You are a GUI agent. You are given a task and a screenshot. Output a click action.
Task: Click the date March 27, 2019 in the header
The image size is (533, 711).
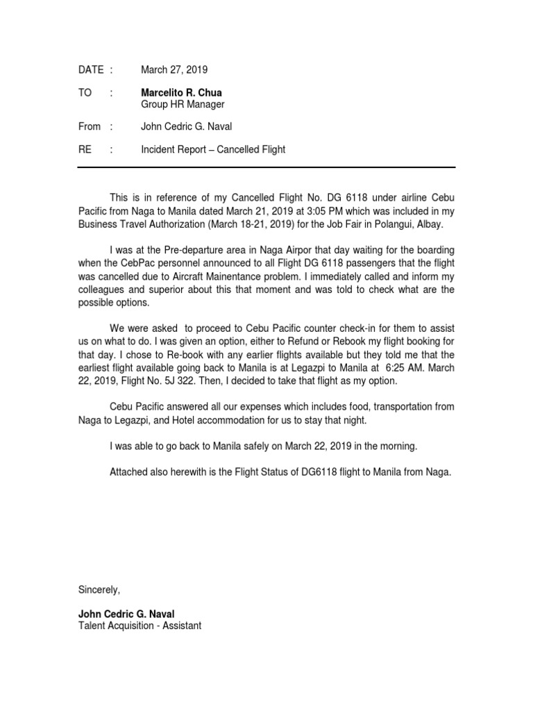click(174, 69)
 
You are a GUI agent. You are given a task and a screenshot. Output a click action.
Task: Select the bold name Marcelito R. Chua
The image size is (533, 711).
click(182, 92)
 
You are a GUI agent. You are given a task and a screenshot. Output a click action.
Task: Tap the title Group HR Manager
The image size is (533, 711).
click(183, 104)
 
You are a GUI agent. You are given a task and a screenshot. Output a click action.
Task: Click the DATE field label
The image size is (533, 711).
click(90, 69)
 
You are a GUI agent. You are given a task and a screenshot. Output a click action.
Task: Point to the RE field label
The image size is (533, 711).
click(85, 149)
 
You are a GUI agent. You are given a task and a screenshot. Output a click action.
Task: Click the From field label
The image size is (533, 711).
click(89, 126)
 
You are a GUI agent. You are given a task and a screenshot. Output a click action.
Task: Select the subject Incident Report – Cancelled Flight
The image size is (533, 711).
click(213, 149)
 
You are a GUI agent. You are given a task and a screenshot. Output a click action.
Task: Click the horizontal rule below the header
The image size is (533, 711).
click(266, 167)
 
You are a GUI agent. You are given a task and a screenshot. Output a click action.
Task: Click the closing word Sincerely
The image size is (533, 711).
click(99, 589)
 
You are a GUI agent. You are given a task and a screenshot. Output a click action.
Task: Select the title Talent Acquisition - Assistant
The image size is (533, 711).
click(139, 626)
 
